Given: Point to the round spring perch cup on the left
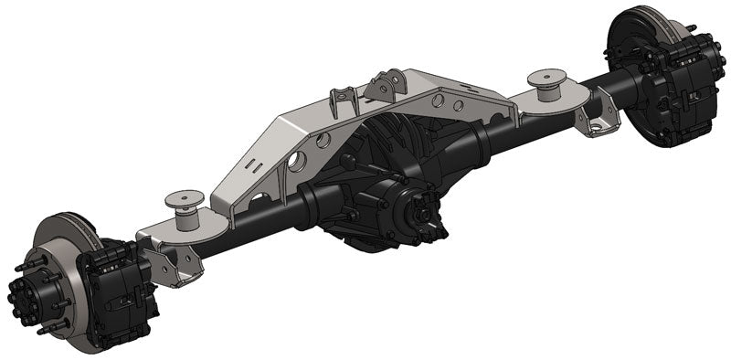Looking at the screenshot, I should tap(181, 203).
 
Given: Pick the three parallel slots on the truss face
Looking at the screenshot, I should tap(265, 169).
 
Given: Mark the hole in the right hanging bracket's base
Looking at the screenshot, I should tap(598, 127).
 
